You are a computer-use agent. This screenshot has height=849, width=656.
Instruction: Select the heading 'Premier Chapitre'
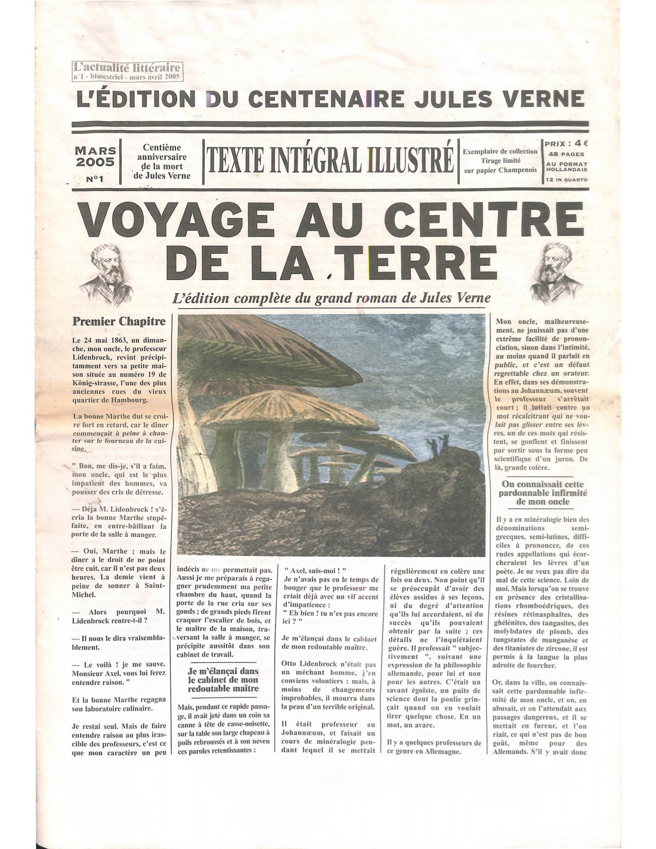click(119, 321)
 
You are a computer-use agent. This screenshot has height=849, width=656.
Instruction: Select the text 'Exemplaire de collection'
click(500, 151)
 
